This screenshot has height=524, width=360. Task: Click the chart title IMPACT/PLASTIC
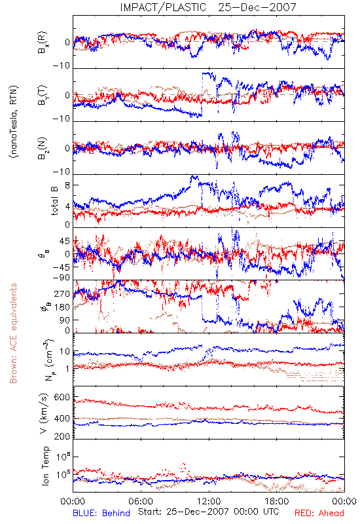[163, 7]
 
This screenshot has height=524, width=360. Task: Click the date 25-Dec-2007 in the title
[257, 7]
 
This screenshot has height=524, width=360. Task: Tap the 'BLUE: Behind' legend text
[101, 513]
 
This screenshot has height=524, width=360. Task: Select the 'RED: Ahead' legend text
[319, 513]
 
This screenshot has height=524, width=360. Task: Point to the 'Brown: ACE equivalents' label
[13, 333]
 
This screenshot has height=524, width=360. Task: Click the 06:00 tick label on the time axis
[141, 501]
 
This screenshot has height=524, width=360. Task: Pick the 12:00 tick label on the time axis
[209, 501]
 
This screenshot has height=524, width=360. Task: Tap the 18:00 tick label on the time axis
[277, 501]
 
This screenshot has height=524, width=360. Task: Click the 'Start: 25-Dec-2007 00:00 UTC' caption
[209, 512]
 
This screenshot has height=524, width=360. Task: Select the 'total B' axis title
[54, 201]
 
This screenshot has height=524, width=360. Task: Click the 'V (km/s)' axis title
[44, 413]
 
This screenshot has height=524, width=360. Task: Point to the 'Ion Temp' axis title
[45, 466]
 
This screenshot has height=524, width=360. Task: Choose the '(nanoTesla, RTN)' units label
[14, 122]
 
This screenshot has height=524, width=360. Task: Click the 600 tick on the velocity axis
[62, 398]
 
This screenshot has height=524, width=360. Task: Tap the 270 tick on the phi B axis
[62, 294]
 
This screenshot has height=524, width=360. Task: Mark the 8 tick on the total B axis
[67, 185]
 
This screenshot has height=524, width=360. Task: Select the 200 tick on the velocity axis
[62, 436]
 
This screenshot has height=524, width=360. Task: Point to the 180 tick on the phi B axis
[62, 307]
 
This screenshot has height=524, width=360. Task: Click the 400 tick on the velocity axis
[62, 419]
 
